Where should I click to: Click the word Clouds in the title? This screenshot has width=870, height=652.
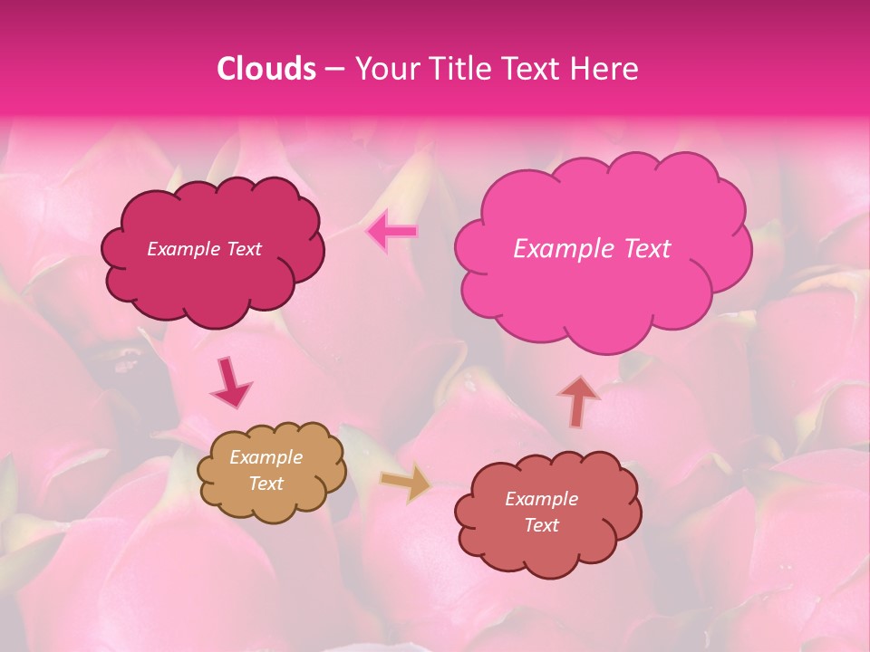point(266,69)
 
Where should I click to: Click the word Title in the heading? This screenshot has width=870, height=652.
point(459,69)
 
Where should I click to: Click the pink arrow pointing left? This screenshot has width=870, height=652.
point(392,232)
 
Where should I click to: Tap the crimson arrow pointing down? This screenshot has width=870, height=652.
point(230,381)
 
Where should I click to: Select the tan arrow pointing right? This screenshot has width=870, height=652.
point(405,483)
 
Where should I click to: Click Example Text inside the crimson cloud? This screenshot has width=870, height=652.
point(204,249)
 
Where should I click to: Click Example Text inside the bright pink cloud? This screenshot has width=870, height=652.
point(592,249)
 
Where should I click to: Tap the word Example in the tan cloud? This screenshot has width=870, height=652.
point(266,457)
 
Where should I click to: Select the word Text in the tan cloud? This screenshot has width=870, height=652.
point(266,484)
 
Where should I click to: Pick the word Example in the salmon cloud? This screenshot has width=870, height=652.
point(541,499)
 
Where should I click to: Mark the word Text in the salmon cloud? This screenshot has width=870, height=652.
point(541,525)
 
